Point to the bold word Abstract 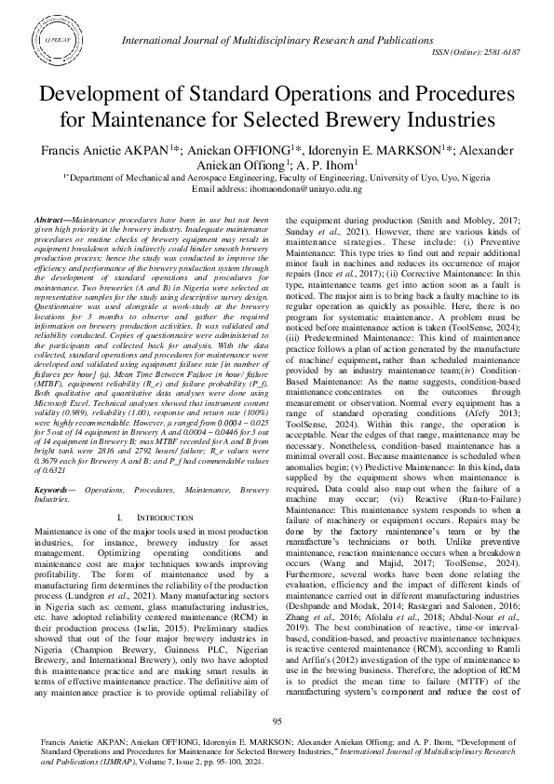75,216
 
